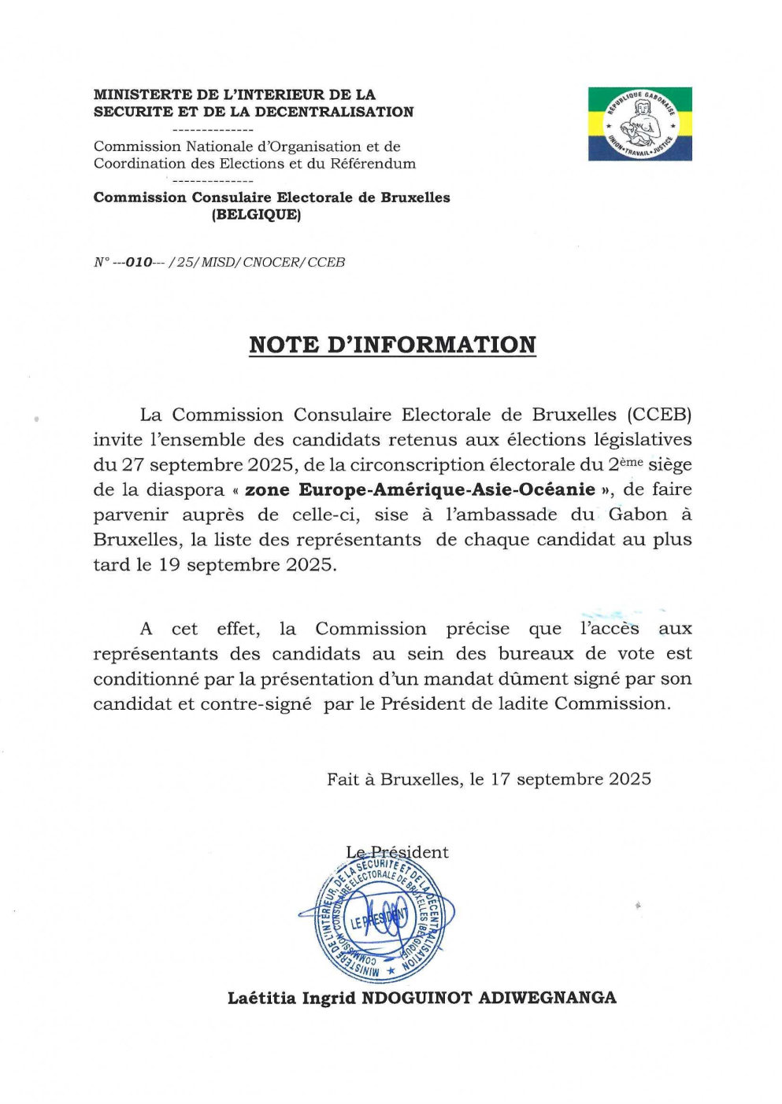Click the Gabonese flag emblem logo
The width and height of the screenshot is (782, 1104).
(x=639, y=124)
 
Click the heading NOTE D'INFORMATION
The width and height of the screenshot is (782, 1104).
(x=392, y=345)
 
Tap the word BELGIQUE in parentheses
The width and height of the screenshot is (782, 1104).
(x=256, y=214)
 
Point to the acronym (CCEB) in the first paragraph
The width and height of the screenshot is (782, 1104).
(x=660, y=415)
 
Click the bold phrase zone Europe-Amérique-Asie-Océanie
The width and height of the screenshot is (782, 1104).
(x=421, y=489)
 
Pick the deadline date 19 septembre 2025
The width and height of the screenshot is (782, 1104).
(x=246, y=565)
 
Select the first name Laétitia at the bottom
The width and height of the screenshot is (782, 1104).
(x=261, y=998)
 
